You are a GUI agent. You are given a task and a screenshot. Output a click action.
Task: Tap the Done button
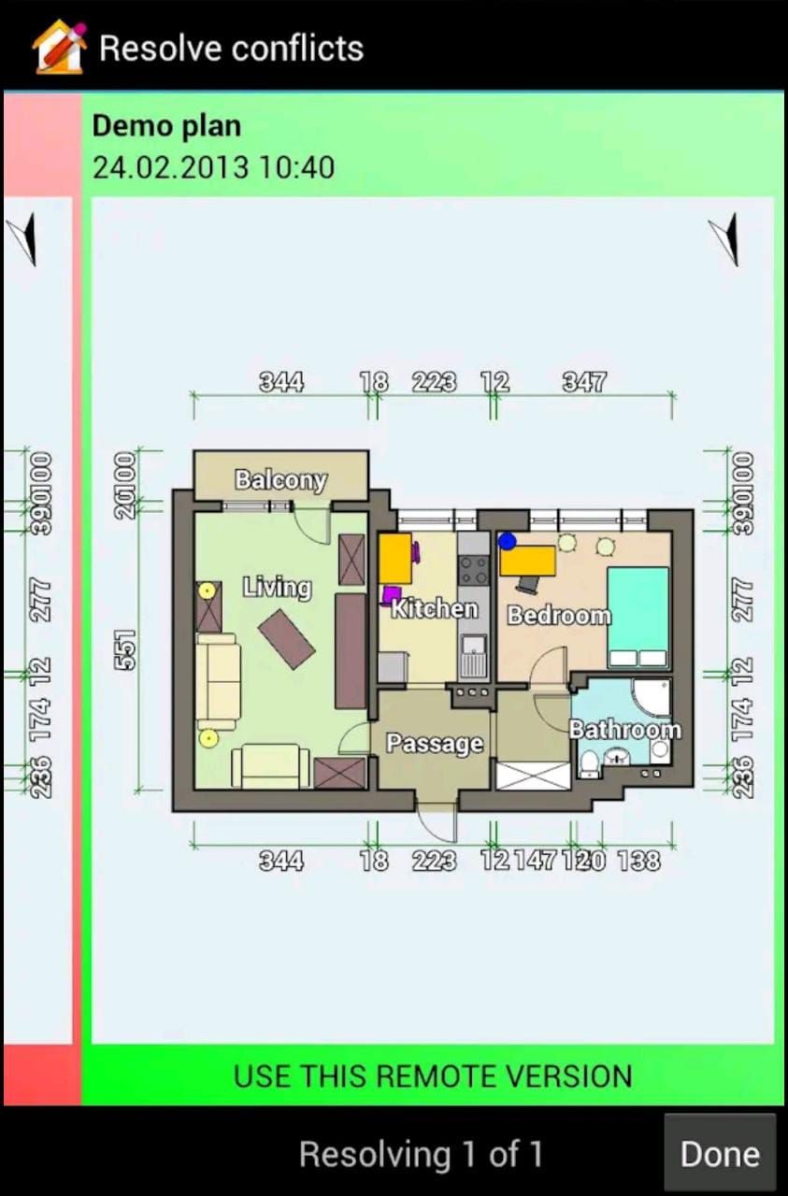(x=719, y=1154)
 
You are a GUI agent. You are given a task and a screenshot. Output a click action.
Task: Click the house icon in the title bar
(x=59, y=47)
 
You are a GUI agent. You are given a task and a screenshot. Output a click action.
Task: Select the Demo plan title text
(x=166, y=126)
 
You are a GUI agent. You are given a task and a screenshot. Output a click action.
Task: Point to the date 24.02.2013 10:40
(x=213, y=167)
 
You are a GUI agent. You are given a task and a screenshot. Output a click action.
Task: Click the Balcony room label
(x=280, y=480)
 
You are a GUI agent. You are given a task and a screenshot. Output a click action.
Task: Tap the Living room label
(x=277, y=588)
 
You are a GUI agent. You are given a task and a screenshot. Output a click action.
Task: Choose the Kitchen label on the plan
(x=434, y=609)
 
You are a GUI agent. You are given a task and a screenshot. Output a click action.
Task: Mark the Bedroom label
(x=558, y=615)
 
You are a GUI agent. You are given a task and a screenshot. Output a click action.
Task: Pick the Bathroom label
(x=624, y=730)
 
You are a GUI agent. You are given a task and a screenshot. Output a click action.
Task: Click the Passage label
(x=435, y=744)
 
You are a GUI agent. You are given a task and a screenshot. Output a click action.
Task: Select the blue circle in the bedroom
(x=508, y=541)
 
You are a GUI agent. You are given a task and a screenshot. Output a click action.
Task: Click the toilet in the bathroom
(x=590, y=765)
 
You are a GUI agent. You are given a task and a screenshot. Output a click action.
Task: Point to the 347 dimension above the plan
(x=584, y=381)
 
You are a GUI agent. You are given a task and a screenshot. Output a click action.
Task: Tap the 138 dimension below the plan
(x=638, y=861)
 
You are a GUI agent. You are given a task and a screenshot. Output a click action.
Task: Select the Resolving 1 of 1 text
(x=421, y=1155)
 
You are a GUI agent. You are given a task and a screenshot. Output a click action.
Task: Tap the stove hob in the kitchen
(x=474, y=569)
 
